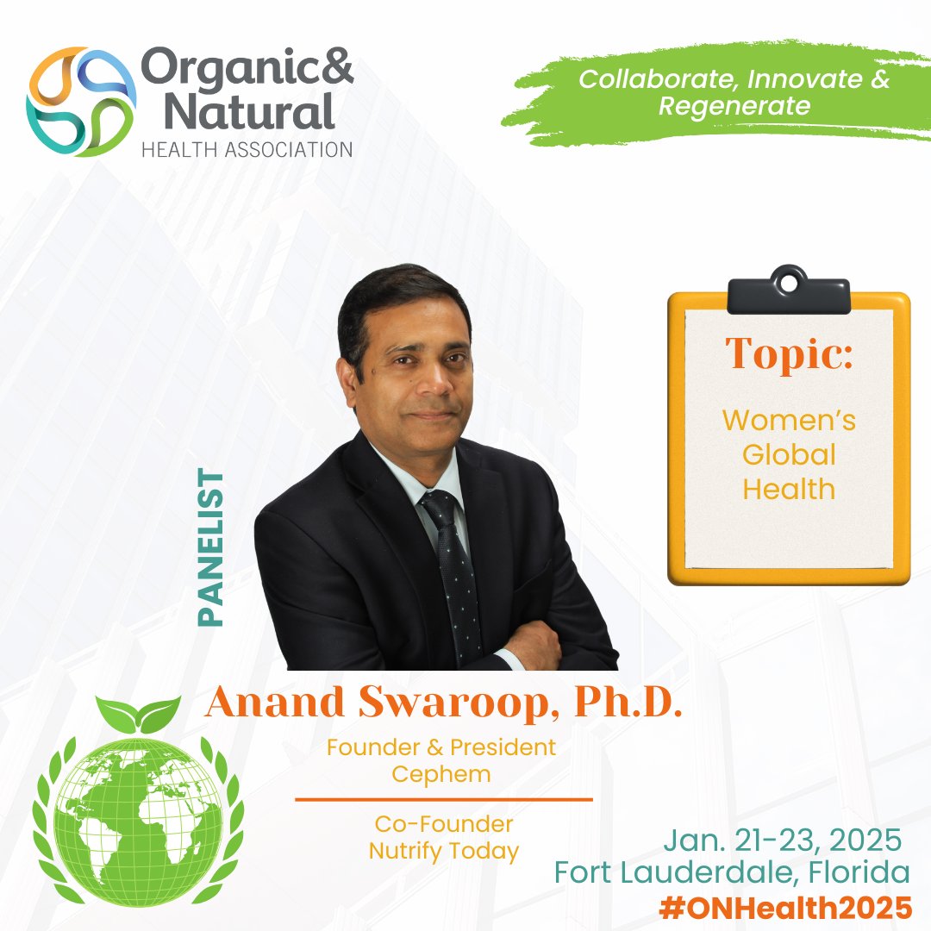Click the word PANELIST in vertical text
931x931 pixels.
point(210,547)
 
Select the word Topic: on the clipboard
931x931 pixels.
point(789,353)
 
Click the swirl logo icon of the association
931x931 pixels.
point(81,102)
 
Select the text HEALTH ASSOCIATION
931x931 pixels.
point(246,149)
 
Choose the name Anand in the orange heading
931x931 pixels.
point(268,703)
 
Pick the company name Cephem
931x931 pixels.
point(441,773)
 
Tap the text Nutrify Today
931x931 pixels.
point(444,852)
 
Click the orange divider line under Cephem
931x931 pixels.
point(444,800)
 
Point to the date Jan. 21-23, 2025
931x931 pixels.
point(783,838)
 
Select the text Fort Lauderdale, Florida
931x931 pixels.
point(732,872)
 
